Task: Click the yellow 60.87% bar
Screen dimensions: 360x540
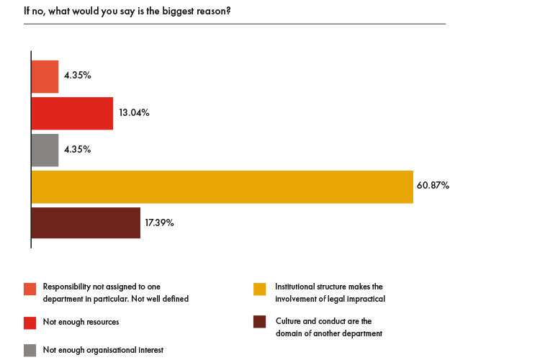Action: tap(222, 186)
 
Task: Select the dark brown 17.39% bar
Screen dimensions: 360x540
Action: tap(86, 223)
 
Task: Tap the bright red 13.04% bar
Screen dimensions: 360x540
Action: tap(72, 113)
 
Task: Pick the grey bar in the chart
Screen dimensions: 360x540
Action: tap(45, 150)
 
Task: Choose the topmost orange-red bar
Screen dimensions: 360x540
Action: tap(45, 76)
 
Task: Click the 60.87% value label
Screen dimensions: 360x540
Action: tap(433, 186)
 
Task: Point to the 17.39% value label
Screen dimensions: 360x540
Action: tap(159, 222)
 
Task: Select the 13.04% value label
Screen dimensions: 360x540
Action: tap(132, 113)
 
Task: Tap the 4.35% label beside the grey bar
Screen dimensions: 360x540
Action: tap(77, 150)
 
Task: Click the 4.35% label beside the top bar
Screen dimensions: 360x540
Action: tap(77, 76)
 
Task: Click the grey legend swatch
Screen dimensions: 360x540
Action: tap(30, 351)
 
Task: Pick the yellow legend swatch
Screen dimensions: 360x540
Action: tap(260, 289)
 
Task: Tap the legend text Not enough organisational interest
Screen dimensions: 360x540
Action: tap(103, 350)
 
